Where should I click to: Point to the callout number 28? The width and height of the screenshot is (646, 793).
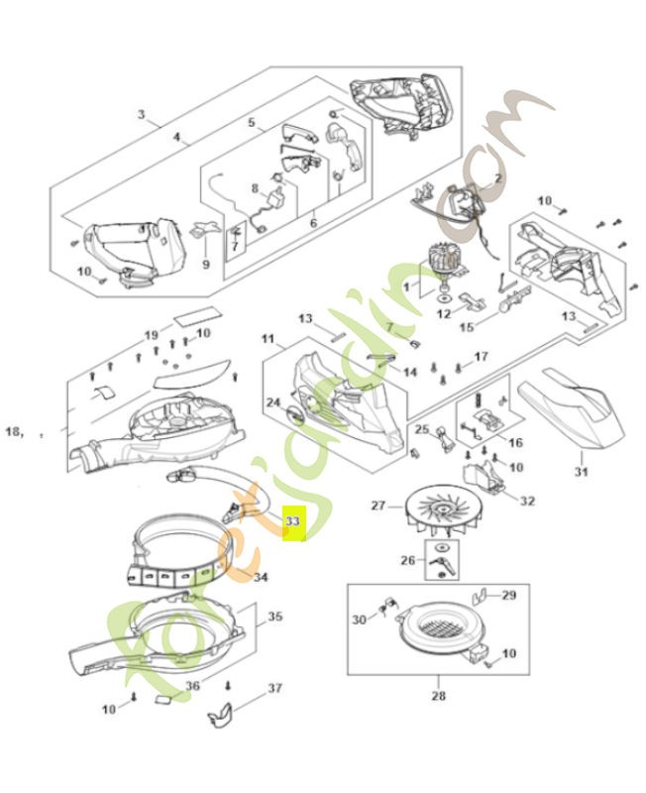point(439,695)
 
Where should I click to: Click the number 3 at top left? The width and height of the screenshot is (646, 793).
point(142,116)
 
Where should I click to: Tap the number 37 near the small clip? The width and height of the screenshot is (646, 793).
point(274,687)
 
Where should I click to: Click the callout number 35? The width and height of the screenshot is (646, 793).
point(274,617)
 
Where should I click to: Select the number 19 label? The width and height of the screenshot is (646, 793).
point(152,334)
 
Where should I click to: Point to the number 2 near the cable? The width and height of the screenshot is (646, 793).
point(498,178)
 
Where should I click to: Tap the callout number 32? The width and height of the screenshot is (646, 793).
point(527,502)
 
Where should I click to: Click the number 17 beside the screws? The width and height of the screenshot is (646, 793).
point(482,356)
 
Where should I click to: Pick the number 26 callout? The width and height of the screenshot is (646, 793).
point(407,560)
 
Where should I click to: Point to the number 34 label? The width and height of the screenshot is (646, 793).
point(261,577)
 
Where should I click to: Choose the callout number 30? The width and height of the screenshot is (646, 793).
point(360,619)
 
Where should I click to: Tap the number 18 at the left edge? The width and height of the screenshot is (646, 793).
point(14,432)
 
